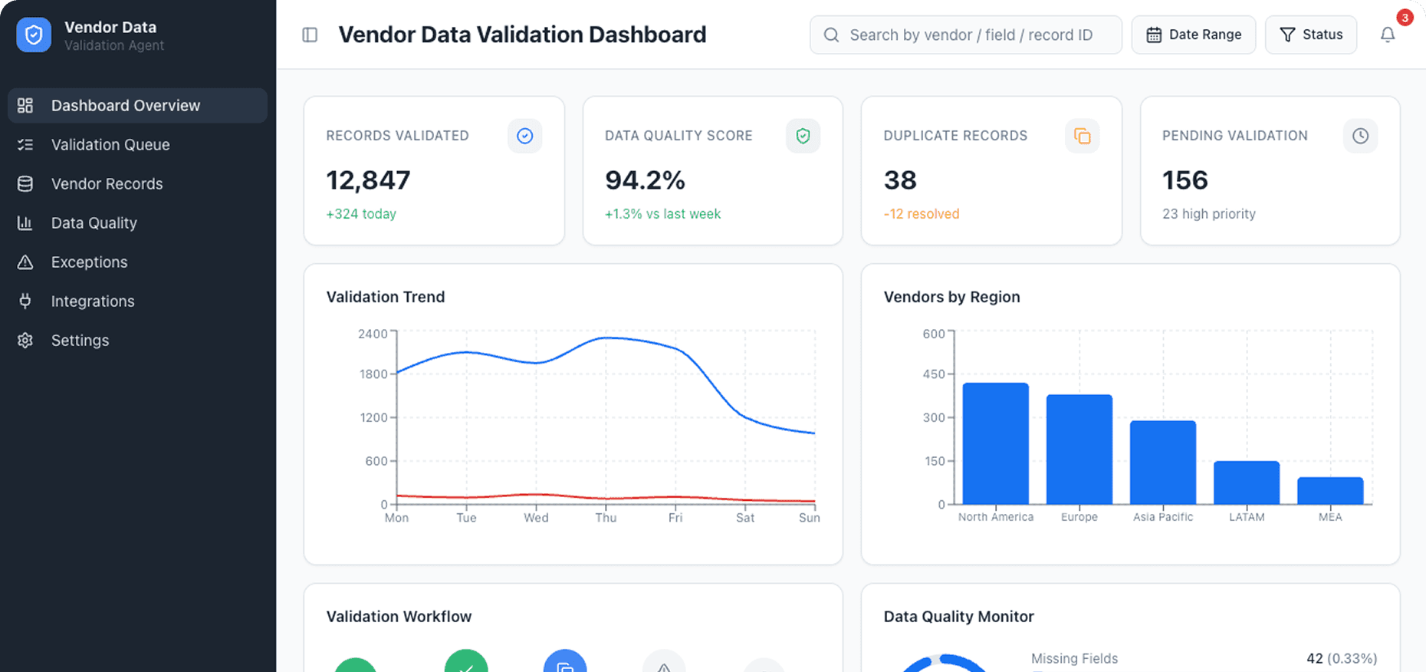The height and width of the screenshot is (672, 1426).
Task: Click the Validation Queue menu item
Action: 110,144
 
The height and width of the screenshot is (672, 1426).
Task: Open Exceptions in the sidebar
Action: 89,262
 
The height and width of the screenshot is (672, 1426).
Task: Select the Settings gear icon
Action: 25,340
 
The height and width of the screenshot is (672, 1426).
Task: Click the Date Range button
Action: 1193,35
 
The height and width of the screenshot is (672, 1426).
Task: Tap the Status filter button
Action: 1310,35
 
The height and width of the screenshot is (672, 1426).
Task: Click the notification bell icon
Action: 1387,35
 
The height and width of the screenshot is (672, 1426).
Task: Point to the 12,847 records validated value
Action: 368,180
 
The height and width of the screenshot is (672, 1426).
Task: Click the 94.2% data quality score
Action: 644,180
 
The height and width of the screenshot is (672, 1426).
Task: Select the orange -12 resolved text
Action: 921,214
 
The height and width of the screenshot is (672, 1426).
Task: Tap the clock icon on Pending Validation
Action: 1360,136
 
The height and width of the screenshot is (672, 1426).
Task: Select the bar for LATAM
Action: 1246,483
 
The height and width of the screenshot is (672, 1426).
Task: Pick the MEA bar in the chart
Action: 1329,491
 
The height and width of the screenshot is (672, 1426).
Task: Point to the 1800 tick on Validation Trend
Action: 373,374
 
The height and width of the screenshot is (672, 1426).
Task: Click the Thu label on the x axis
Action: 606,518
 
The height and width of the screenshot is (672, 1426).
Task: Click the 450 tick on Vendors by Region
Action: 934,374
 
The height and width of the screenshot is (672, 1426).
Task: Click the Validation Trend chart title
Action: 385,297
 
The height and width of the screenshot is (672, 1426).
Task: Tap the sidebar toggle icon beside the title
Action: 310,35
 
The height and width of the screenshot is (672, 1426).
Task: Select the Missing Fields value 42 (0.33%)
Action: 1341,658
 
